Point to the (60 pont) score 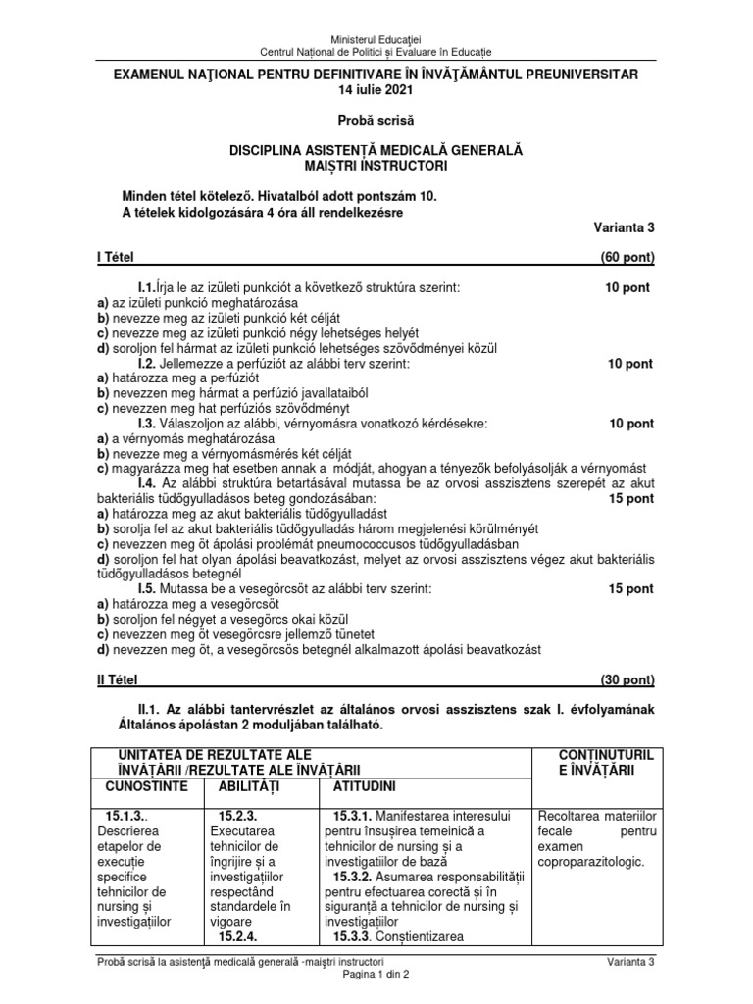coord(627,258)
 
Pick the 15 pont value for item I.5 coord(630,588)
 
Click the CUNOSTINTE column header coord(146,787)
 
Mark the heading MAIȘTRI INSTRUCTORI coord(376,166)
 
